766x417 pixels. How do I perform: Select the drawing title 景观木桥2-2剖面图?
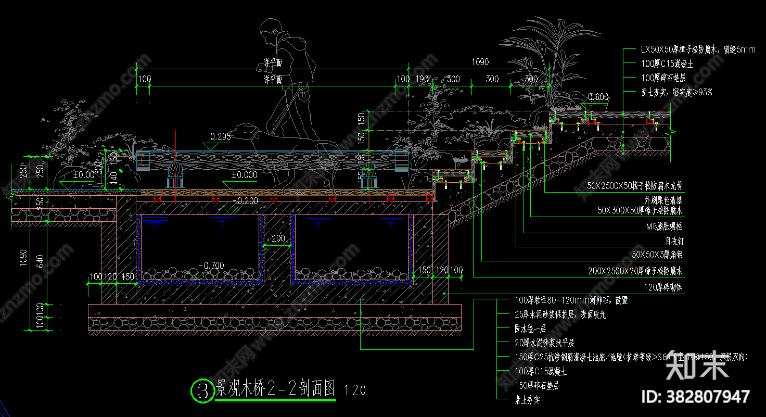coord(276,388)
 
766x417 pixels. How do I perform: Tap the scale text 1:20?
coord(355,390)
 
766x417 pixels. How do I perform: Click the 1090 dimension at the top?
coord(480,62)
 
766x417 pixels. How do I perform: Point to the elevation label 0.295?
coord(220,136)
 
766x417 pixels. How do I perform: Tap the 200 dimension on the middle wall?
coord(278,238)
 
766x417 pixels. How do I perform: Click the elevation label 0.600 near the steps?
coord(598,97)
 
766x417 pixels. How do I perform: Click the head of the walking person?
coord(269,30)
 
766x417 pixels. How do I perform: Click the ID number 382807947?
coord(697,397)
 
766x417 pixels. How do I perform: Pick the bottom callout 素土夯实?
coord(527,400)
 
